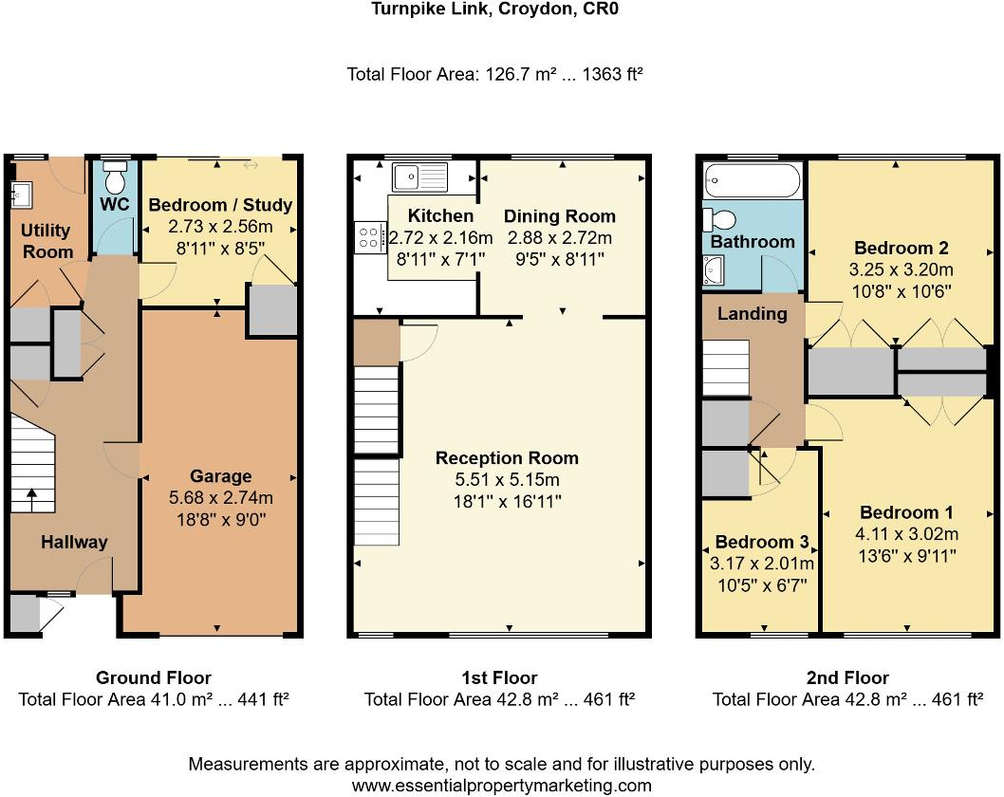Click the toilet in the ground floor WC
[x=116, y=177]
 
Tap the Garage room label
[x=220, y=476]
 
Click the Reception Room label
[x=507, y=458]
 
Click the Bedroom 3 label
[x=761, y=543]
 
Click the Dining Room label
[x=559, y=216]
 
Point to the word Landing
[x=752, y=314]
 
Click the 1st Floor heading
[x=499, y=677]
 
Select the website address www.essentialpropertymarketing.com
[x=501, y=786]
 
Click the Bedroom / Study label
[x=220, y=205]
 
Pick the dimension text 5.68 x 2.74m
[x=220, y=497]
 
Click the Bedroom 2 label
[x=901, y=249]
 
